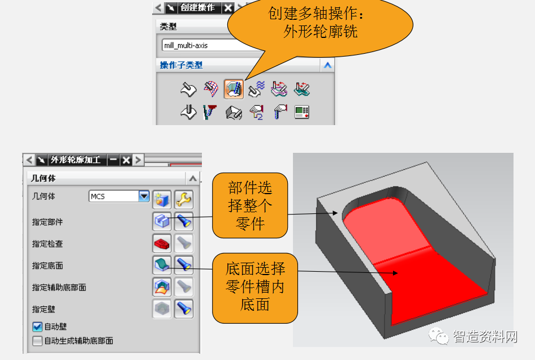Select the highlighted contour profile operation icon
234,89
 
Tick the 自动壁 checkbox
38,327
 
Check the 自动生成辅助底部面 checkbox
38,341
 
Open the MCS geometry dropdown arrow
144,196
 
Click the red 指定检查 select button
162,243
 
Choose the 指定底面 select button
162,265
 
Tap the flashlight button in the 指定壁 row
184,309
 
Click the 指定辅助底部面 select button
162,287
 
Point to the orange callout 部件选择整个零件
249,205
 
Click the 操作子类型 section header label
181,65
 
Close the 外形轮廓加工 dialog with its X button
126,160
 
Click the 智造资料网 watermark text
485,337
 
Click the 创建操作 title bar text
197,7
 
